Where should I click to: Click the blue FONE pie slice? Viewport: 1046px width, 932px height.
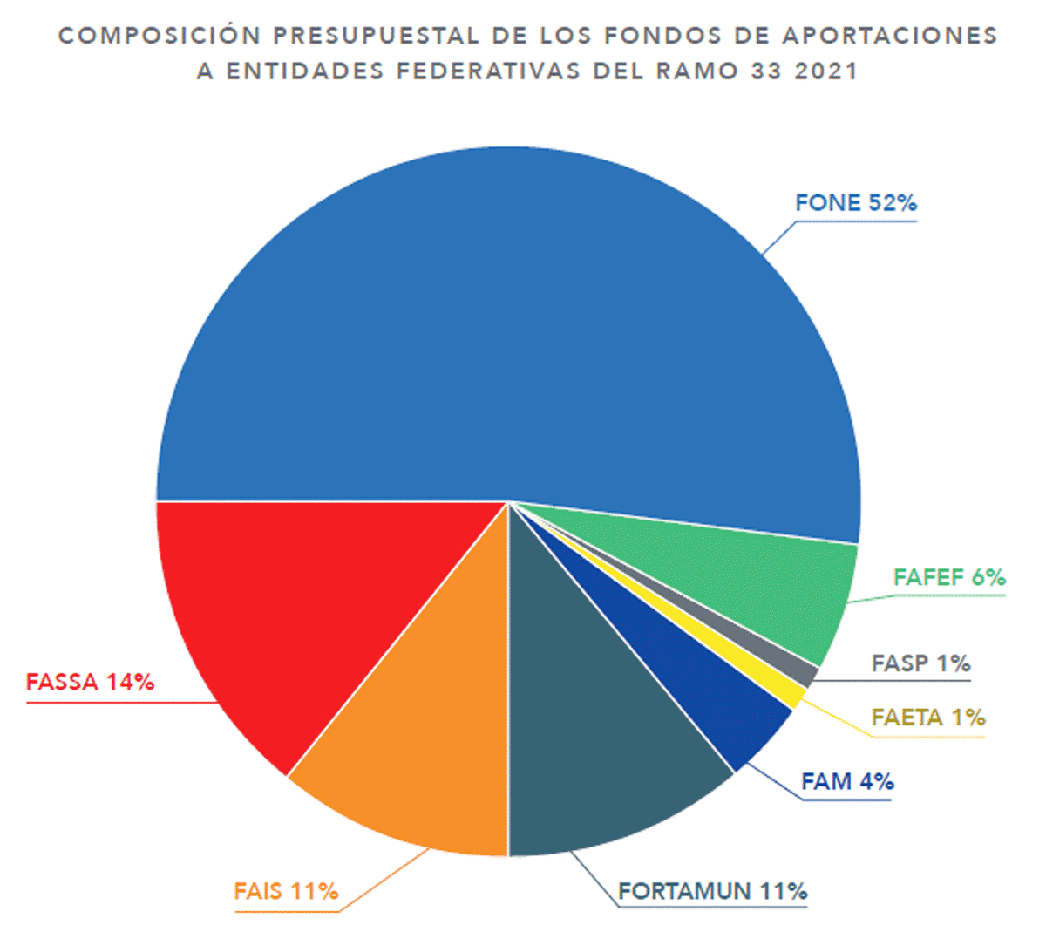pyautogui.click(x=506, y=331)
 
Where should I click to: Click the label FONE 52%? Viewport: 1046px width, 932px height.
pyautogui.click(x=855, y=203)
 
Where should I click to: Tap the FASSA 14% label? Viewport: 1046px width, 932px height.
pyautogui.click(x=90, y=682)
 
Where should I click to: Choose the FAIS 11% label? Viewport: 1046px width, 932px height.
pyautogui.click(x=286, y=891)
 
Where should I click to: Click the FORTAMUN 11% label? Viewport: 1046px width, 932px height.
pyautogui.click(x=712, y=891)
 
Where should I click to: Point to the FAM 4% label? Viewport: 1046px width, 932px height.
pyautogui.click(x=847, y=781)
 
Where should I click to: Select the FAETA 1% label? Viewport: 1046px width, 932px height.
pyautogui.click(x=928, y=718)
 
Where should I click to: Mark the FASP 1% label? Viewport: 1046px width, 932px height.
pyautogui.click(x=920, y=663)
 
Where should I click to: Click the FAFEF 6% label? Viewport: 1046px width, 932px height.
pyautogui.click(x=949, y=577)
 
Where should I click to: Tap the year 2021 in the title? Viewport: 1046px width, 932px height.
pyautogui.click(x=826, y=71)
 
